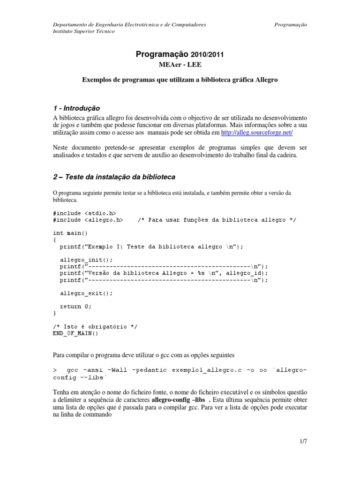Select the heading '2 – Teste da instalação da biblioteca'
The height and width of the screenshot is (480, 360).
[x=114, y=177]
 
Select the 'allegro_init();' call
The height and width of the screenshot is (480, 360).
[x=87, y=259]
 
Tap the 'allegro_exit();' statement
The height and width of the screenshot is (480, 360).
[x=87, y=293]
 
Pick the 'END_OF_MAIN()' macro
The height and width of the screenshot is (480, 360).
[x=75, y=333]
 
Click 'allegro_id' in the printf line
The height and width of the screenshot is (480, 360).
[x=248, y=273]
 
